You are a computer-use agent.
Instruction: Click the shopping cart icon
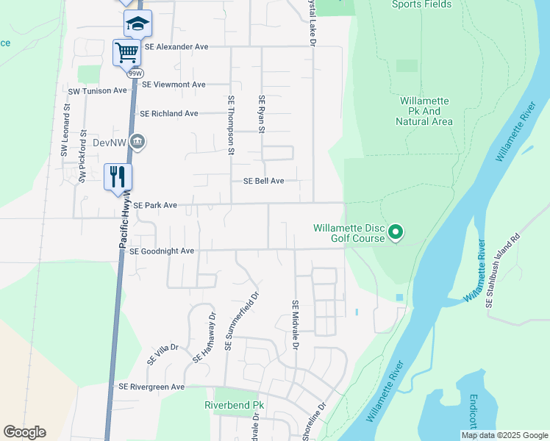(x=126, y=52)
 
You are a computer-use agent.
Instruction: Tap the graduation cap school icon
(x=137, y=24)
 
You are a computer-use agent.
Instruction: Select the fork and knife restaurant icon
(x=118, y=176)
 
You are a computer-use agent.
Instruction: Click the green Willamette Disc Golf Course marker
(x=396, y=233)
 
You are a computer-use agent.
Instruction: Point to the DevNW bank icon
(x=137, y=141)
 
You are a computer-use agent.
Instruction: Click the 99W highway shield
(x=135, y=73)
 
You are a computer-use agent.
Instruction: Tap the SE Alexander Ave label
(x=176, y=46)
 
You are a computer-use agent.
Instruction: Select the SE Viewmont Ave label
(x=174, y=85)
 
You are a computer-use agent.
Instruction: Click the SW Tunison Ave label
(x=98, y=90)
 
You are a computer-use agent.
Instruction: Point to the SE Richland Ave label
(x=169, y=114)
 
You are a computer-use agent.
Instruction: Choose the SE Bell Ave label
(x=263, y=181)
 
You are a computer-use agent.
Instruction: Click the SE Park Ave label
(x=155, y=205)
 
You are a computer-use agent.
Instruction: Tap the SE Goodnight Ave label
(x=161, y=251)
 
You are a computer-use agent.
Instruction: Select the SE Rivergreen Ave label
(x=152, y=387)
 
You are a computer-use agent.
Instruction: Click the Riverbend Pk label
(x=234, y=405)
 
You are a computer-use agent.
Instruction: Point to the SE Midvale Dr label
(x=296, y=324)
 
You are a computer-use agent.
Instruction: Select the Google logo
(x=24, y=432)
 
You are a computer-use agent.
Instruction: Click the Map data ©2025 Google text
(x=504, y=435)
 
